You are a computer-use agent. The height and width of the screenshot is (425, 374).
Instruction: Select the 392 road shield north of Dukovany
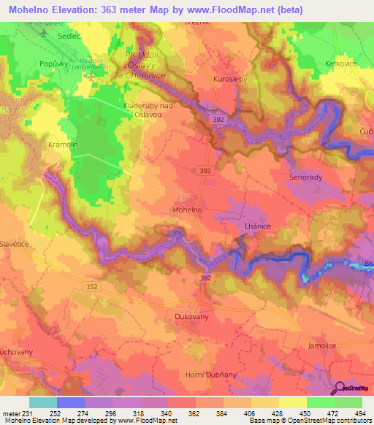tap(205, 278)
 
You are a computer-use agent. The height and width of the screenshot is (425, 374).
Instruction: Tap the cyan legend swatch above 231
tap(42, 402)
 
